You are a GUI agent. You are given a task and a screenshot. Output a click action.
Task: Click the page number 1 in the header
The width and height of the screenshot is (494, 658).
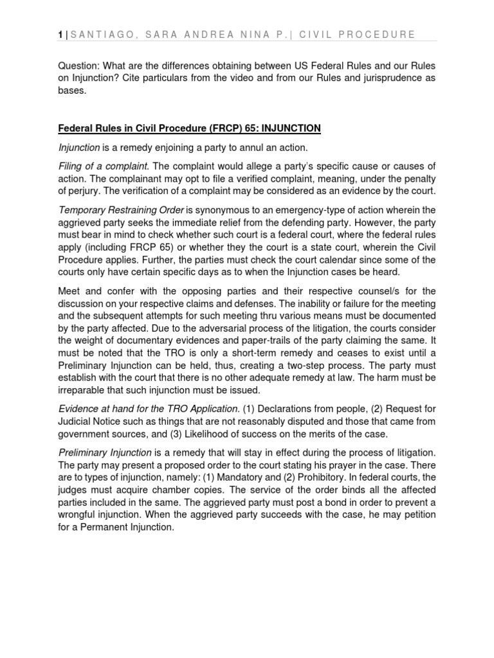click(x=59, y=34)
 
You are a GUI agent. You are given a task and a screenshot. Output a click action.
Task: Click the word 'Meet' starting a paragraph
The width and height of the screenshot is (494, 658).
click(x=70, y=290)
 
